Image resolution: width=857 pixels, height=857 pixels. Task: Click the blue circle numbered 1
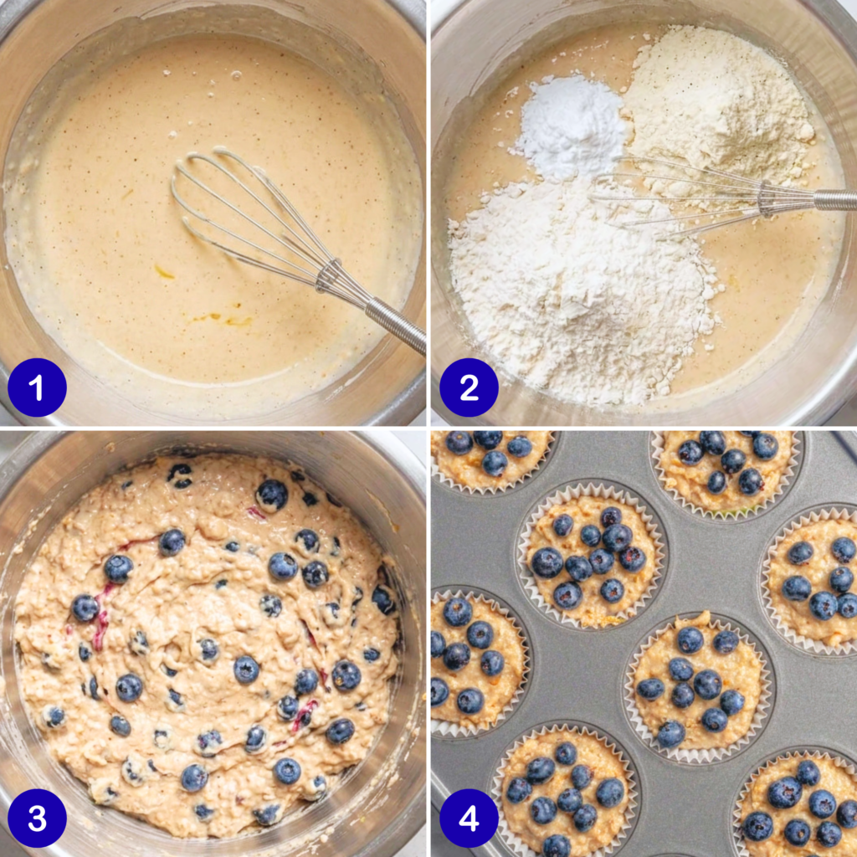pos(37,387)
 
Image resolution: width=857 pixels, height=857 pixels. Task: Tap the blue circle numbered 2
pos(469,387)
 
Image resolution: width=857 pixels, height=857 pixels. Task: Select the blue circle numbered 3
pos(37,819)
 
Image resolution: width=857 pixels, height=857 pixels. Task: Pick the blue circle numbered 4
pos(469,819)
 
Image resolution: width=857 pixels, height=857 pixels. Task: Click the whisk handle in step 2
pos(835,199)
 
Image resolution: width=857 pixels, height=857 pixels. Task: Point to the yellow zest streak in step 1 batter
pos(164,272)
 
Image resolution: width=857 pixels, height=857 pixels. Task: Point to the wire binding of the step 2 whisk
pos(766,199)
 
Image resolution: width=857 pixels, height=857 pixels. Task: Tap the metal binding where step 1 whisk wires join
pos(328,276)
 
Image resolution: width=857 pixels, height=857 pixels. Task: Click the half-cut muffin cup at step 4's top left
pos(493,459)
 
